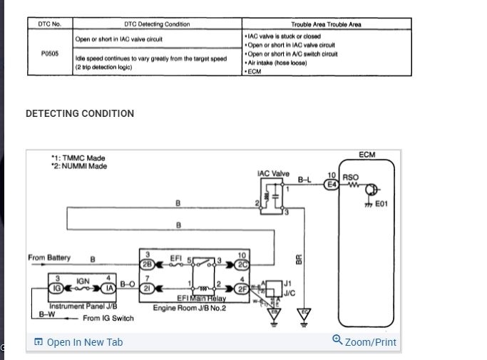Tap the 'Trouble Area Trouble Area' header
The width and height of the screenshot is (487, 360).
[326, 24]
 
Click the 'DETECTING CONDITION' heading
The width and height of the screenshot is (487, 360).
[80, 113]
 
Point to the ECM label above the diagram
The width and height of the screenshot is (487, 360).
[367, 155]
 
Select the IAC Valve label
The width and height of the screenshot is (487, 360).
[273, 173]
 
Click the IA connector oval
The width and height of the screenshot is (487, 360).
[108, 288]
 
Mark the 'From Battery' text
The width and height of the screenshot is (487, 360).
[50, 257]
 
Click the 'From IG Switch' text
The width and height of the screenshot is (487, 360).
[108, 318]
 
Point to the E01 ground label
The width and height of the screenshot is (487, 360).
[381, 202]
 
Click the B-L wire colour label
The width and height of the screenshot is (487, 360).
[304, 180]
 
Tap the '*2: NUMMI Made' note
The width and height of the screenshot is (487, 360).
[78, 166]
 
